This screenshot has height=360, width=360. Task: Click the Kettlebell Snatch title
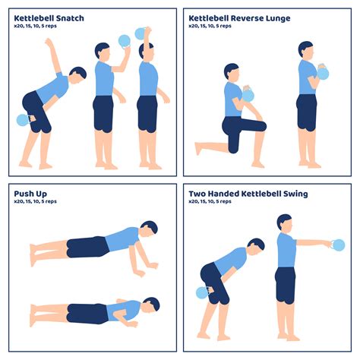coord(49,17)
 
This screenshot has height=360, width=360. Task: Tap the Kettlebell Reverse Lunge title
coord(239,17)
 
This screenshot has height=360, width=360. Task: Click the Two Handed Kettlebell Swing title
coord(248,194)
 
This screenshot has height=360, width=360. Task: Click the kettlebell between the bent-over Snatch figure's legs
coord(23,120)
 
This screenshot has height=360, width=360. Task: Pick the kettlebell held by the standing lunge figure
coord(323,74)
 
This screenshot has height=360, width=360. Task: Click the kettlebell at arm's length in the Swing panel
coord(338,245)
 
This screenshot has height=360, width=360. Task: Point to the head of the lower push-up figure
coord(150,305)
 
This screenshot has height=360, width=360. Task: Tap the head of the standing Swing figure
coord(285,222)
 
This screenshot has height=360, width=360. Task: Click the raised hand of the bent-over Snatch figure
coord(49,43)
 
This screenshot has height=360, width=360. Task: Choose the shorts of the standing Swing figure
coord(285,283)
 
